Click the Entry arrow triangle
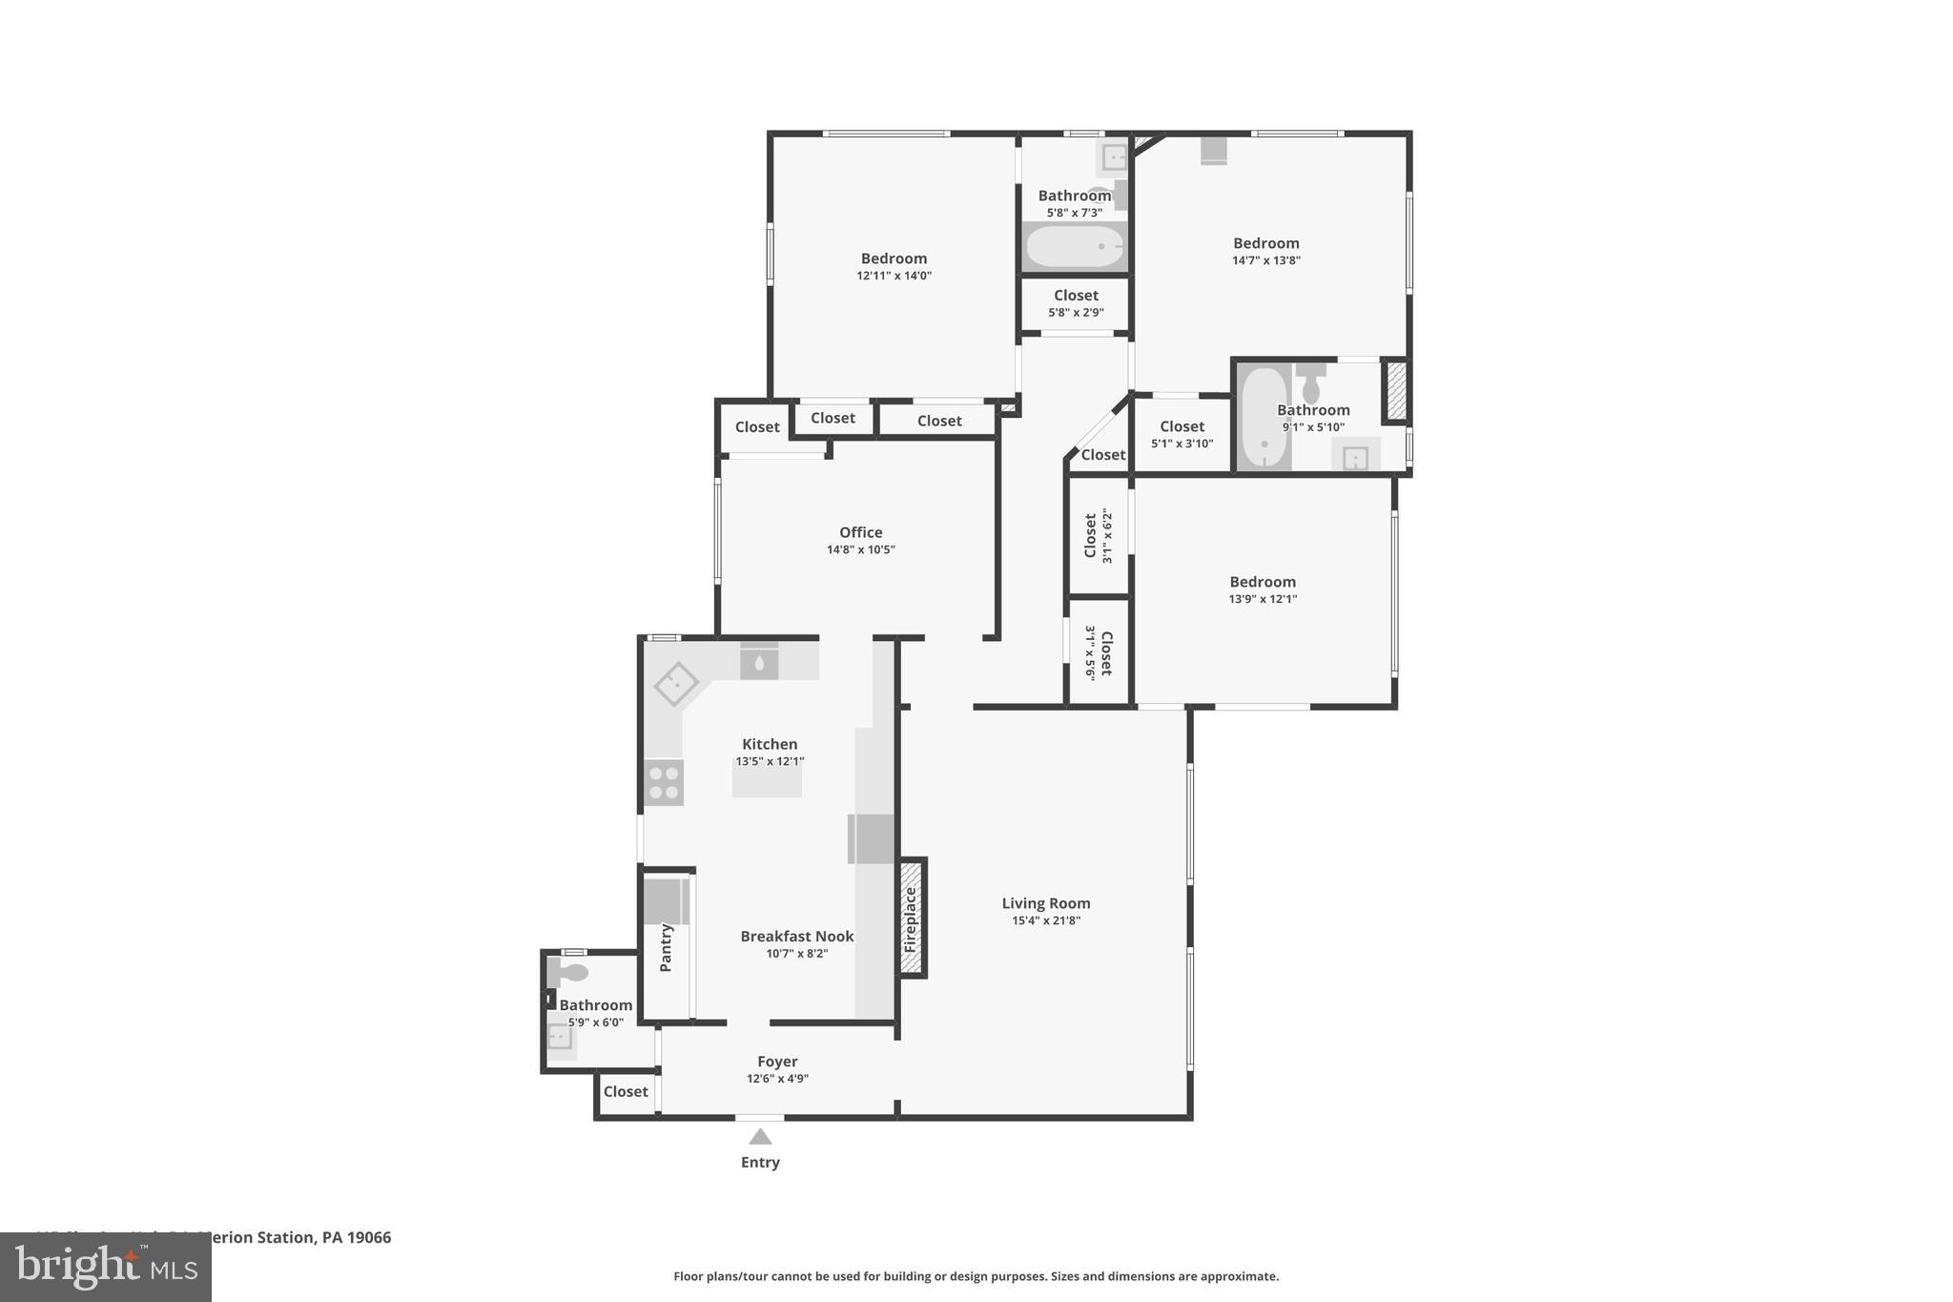click(x=760, y=1136)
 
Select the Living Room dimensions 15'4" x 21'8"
click(x=1046, y=920)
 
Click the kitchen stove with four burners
click(x=664, y=782)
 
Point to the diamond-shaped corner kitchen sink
click(x=676, y=684)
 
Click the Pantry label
click(x=666, y=947)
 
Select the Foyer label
click(x=777, y=1061)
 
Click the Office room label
click(x=860, y=532)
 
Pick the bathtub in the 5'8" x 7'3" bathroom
click(x=1075, y=247)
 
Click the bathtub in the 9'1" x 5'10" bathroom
click(x=1264, y=418)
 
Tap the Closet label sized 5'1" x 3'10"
click(x=1182, y=426)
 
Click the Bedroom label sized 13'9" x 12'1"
click(x=1262, y=582)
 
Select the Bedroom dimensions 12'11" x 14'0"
click(x=894, y=276)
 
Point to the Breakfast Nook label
click(x=797, y=936)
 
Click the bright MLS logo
click(x=106, y=1267)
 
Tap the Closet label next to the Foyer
click(x=626, y=1091)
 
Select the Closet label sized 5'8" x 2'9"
click(x=1076, y=296)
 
